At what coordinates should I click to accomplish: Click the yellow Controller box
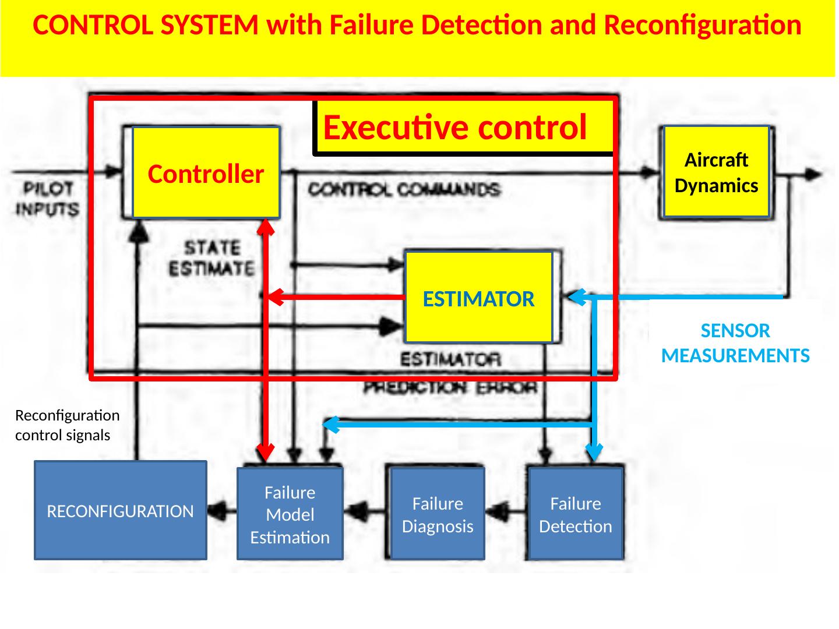coord(206,173)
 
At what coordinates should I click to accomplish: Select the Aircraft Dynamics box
coord(716,172)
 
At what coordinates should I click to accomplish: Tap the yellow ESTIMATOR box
coord(478,298)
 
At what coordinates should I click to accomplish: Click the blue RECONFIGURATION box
coord(120,511)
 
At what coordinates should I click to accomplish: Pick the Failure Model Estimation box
coord(290,514)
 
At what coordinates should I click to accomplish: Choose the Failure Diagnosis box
coord(438,514)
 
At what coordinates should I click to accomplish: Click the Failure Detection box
coord(576,514)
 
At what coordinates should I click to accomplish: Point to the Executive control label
coord(455,127)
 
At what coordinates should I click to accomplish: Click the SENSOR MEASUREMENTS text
coord(735,343)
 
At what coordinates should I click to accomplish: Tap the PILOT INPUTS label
coord(48,199)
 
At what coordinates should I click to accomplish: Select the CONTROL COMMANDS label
coord(404,189)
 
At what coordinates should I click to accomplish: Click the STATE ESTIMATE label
coord(212,258)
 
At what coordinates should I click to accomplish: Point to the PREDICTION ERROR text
coord(450,387)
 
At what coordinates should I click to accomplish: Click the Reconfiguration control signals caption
coord(67,425)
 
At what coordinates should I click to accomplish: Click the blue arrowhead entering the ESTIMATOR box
coord(577,297)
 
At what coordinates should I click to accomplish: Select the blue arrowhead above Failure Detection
coord(594,451)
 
